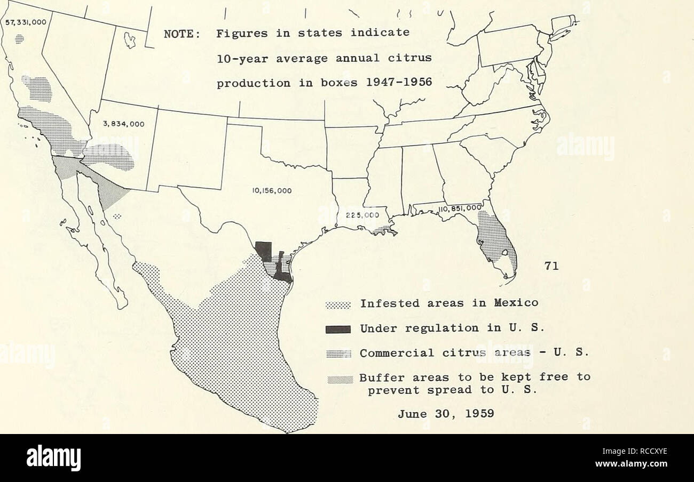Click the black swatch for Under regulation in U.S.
[337, 328]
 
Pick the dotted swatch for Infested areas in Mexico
[337, 305]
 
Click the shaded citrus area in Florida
[494, 237]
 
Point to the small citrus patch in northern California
[20, 38]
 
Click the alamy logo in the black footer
[53, 458]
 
